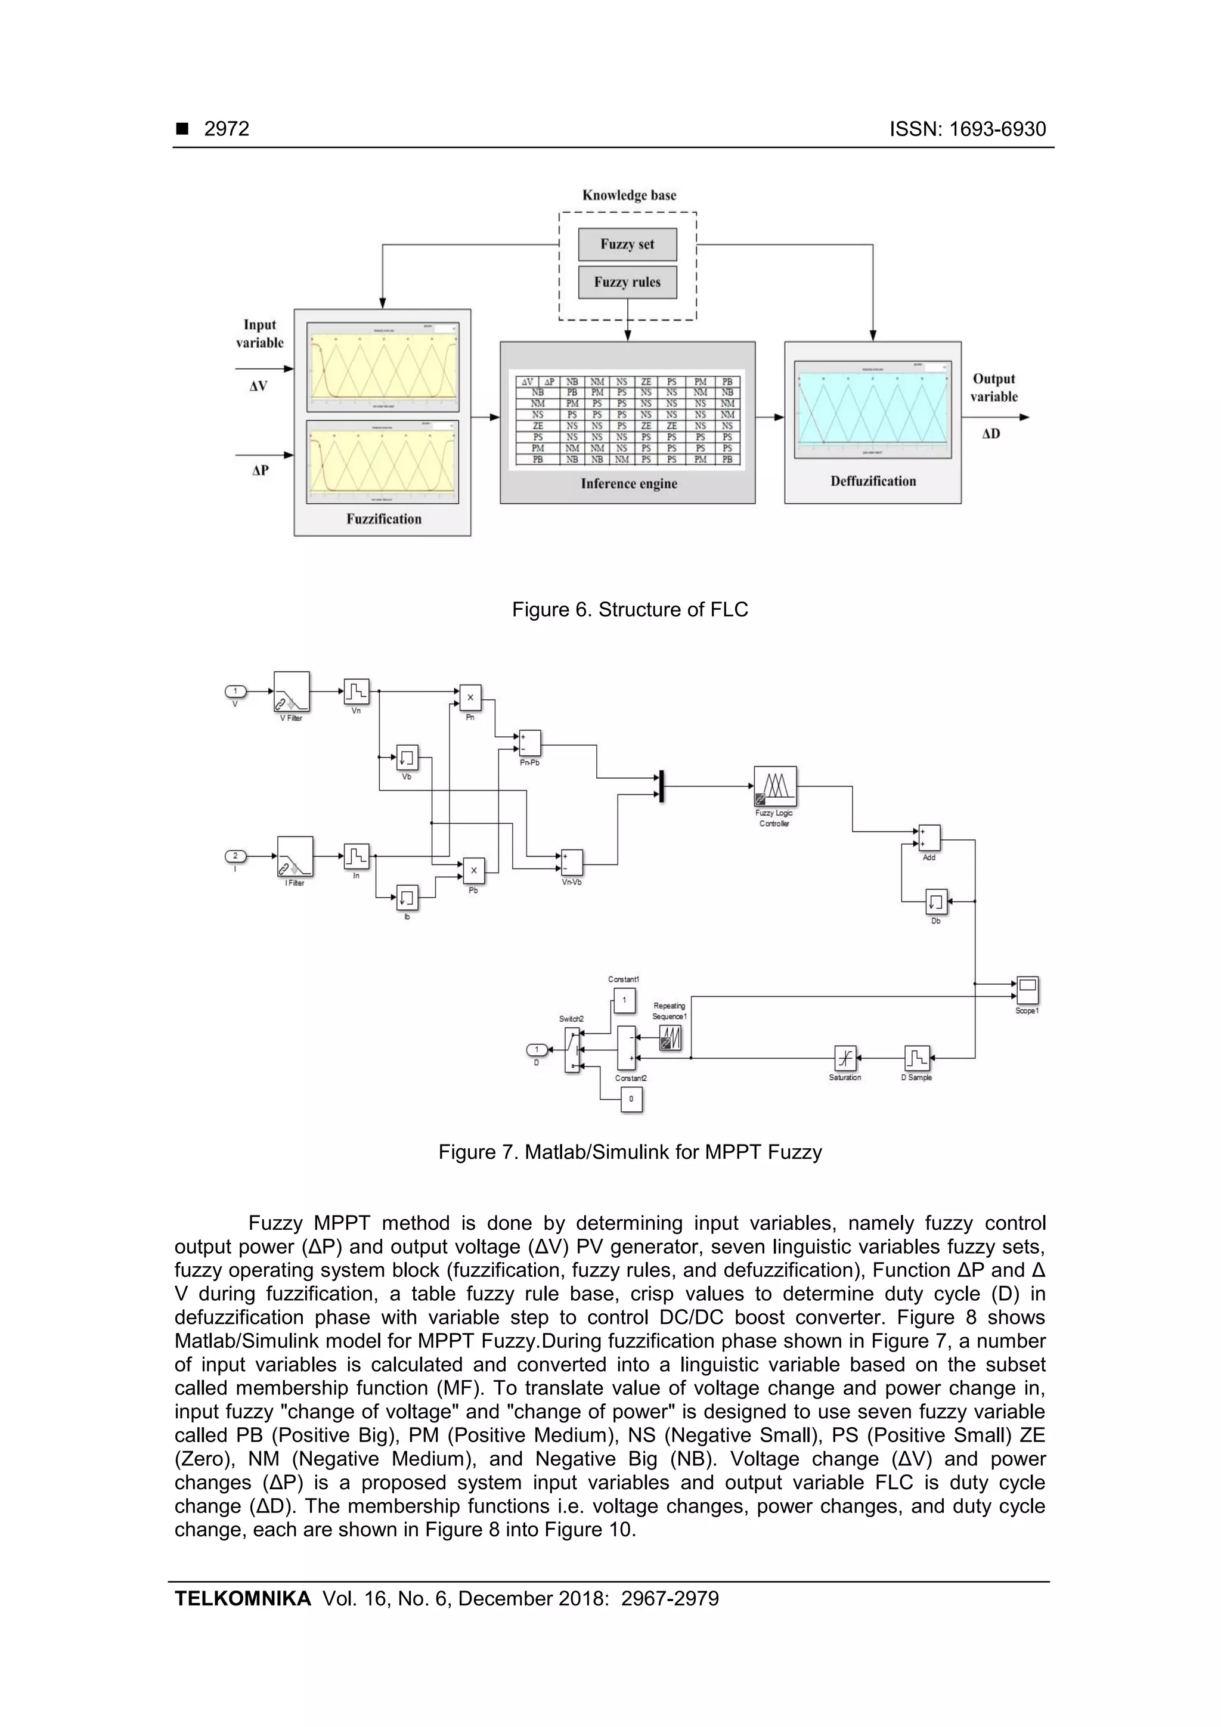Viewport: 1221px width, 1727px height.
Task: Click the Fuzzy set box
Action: (x=627, y=244)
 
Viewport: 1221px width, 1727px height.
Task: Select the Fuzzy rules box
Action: (x=627, y=282)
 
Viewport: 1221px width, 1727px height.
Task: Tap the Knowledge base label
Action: (x=629, y=196)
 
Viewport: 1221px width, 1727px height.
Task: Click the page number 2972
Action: (x=227, y=129)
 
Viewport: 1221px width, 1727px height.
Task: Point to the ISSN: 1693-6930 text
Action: (x=968, y=129)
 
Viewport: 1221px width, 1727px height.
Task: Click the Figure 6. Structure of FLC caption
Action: (x=630, y=609)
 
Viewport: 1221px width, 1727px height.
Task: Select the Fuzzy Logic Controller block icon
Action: (x=775, y=786)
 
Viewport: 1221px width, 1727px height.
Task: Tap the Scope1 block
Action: (x=1028, y=989)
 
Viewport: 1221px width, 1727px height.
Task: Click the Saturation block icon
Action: (x=845, y=1058)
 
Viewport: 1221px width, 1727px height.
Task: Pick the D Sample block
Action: (x=917, y=1058)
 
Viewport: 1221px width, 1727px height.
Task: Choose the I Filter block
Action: (x=295, y=856)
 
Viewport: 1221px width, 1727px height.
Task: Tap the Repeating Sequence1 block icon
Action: (x=670, y=1038)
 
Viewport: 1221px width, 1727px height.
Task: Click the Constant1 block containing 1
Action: (x=624, y=1000)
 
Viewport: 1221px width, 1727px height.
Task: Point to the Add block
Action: (x=929, y=837)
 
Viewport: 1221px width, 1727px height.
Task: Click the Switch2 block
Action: (x=572, y=1049)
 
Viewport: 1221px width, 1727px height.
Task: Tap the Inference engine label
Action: (x=629, y=483)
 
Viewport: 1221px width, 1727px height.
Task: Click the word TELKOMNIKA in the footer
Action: (x=242, y=1598)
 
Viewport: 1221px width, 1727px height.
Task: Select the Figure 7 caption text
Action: (x=630, y=1152)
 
